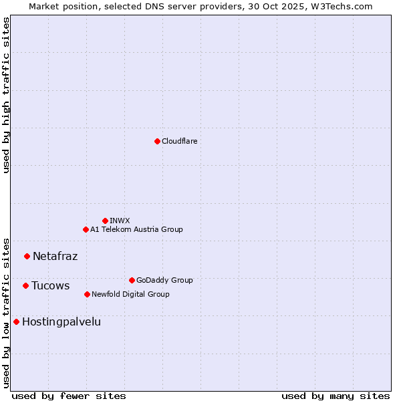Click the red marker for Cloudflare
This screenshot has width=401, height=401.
157,141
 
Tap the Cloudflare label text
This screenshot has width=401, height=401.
179,141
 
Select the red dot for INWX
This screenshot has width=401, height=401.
105,221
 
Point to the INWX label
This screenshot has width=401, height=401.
120,221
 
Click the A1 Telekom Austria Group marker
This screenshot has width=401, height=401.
86,229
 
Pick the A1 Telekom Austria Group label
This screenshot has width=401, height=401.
136,229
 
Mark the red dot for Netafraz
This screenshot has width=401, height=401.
27,256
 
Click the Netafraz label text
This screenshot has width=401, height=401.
55,256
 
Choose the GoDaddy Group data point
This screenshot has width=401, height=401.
132,280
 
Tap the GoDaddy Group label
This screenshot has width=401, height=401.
164,280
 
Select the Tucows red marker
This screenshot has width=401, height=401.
25,285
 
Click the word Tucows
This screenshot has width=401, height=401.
50,285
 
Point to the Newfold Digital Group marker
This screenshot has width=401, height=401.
87,294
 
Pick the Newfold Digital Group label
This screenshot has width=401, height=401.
130,294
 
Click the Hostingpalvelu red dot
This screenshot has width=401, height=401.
16,321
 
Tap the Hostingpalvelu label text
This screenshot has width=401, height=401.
61,321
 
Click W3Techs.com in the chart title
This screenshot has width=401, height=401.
345,6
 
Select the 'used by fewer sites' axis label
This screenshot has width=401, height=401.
69,396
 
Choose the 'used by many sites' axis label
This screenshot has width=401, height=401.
336,396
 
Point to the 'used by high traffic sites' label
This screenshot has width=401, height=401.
7,95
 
